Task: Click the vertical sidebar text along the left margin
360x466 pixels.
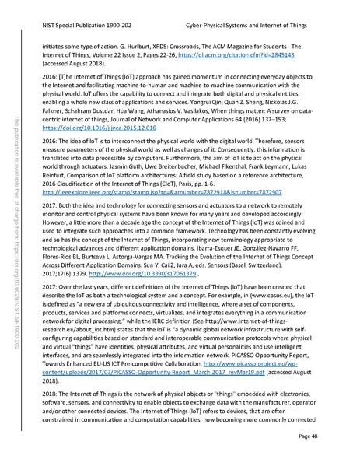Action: (x=19, y=233)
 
